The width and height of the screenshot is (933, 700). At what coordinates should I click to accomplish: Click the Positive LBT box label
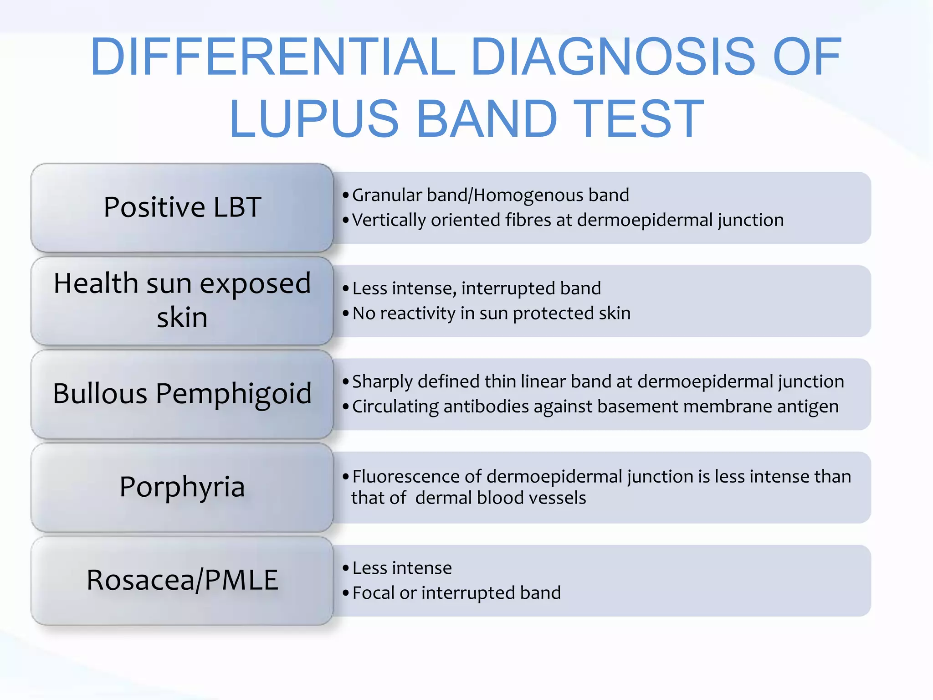coord(182,207)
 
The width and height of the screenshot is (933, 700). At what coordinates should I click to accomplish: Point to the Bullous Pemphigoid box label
coord(182,393)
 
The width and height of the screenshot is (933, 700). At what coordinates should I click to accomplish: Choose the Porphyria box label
coord(182,487)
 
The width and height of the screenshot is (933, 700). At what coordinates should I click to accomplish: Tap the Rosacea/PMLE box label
coord(182,580)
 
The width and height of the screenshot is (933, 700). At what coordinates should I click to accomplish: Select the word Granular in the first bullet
coord(387,196)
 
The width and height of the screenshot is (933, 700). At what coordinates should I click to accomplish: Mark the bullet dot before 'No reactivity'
coord(346,314)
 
